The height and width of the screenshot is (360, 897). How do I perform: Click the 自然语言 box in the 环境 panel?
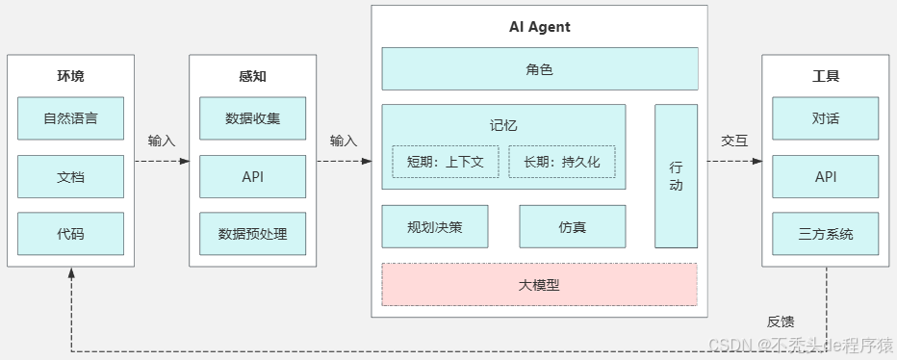click(70, 118)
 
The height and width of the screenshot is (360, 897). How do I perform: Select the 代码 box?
click(70, 233)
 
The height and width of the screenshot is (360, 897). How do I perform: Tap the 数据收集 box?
click(252, 118)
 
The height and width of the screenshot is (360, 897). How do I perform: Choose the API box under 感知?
click(252, 176)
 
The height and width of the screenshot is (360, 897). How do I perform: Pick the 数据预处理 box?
click(252, 233)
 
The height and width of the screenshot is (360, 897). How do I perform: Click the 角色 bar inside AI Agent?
click(539, 69)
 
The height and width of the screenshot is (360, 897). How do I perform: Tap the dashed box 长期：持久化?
click(561, 162)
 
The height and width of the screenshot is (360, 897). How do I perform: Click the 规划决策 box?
click(435, 227)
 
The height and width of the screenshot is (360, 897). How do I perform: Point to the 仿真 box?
click(572, 227)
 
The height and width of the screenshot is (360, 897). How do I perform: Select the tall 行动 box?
click(676, 176)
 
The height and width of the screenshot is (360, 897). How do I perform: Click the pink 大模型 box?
click(539, 285)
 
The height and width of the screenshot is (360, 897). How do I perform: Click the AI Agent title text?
click(539, 27)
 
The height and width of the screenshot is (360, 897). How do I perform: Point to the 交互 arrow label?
click(734, 141)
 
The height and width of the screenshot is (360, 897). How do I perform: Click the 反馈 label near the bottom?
click(781, 321)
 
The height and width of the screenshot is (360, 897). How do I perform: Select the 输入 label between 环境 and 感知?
click(162, 141)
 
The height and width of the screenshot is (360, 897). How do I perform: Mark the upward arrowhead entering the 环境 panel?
click(70, 273)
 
